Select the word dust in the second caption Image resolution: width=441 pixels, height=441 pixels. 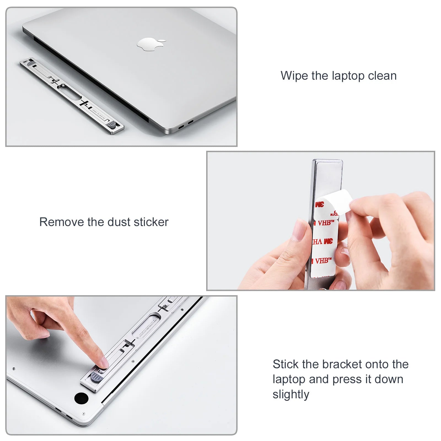click(119, 222)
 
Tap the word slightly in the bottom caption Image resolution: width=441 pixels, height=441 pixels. click(291, 394)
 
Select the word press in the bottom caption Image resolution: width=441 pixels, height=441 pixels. click(347, 380)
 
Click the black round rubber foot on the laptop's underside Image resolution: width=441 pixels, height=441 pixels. click(81, 398)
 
